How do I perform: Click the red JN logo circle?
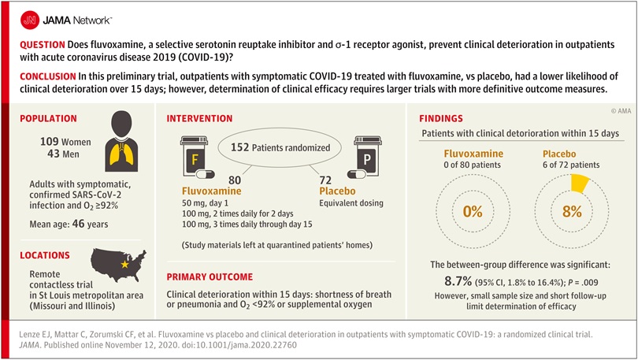pyautogui.click(x=30, y=20)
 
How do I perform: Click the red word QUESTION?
pyautogui.click(x=43, y=45)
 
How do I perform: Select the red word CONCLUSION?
pyautogui.click(x=48, y=76)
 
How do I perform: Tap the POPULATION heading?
pyautogui.click(x=48, y=118)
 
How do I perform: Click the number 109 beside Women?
pyautogui.click(x=50, y=142)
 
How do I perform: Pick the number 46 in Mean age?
pyautogui.click(x=79, y=224)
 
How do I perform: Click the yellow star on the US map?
pyautogui.click(x=125, y=265)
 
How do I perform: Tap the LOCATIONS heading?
pyautogui.click(x=45, y=255)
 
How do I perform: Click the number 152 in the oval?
pyautogui.click(x=239, y=147)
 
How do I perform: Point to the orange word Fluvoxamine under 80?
pyautogui.click(x=212, y=191)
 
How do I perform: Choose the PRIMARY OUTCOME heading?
pyautogui.click(x=210, y=277)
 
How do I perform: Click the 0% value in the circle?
pyautogui.click(x=473, y=212)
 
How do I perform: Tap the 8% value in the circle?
pyautogui.click(x=572, y=212)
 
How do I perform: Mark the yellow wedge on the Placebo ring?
pyautogui.click(x=580, y=184)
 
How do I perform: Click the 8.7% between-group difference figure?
pyautogui.click(x=458, y=281)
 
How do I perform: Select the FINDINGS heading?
pyautogui.click(x=441, y=118)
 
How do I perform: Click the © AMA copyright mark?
pyautogui.click(x=621, y=110)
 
